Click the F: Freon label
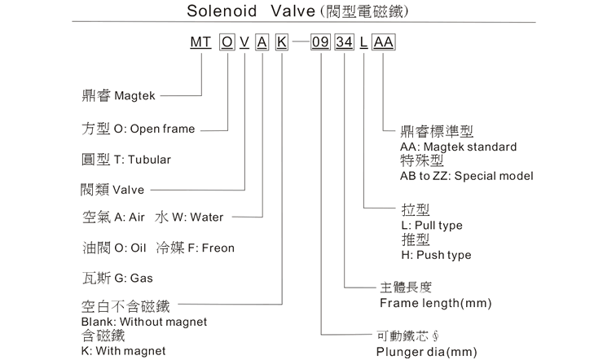coord(205,248)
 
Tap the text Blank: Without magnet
coord(144,322)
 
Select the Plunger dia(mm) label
coord(427,352)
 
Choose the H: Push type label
coord(436,255)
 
